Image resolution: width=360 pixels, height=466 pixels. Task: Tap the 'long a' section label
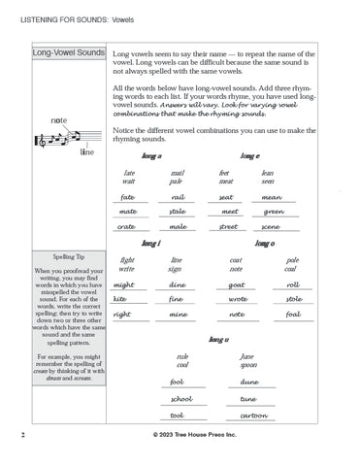(x=150, y=155)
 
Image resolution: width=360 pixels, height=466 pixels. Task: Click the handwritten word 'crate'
(x=126, y=226)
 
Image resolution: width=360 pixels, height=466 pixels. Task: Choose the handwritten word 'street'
(x=228, y=226)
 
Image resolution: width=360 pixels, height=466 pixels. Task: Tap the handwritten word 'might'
(x=124, y=285)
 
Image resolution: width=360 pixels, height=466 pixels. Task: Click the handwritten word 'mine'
(x=178, y=316)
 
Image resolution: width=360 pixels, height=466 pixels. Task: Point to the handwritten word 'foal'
(x=293, y=316)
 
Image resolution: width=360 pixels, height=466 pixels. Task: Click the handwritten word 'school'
(x=180, y=399)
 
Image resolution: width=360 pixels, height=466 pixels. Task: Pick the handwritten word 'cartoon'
(x=252, y=415)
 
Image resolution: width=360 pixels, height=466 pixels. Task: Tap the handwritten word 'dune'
(x=248, y=383)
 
